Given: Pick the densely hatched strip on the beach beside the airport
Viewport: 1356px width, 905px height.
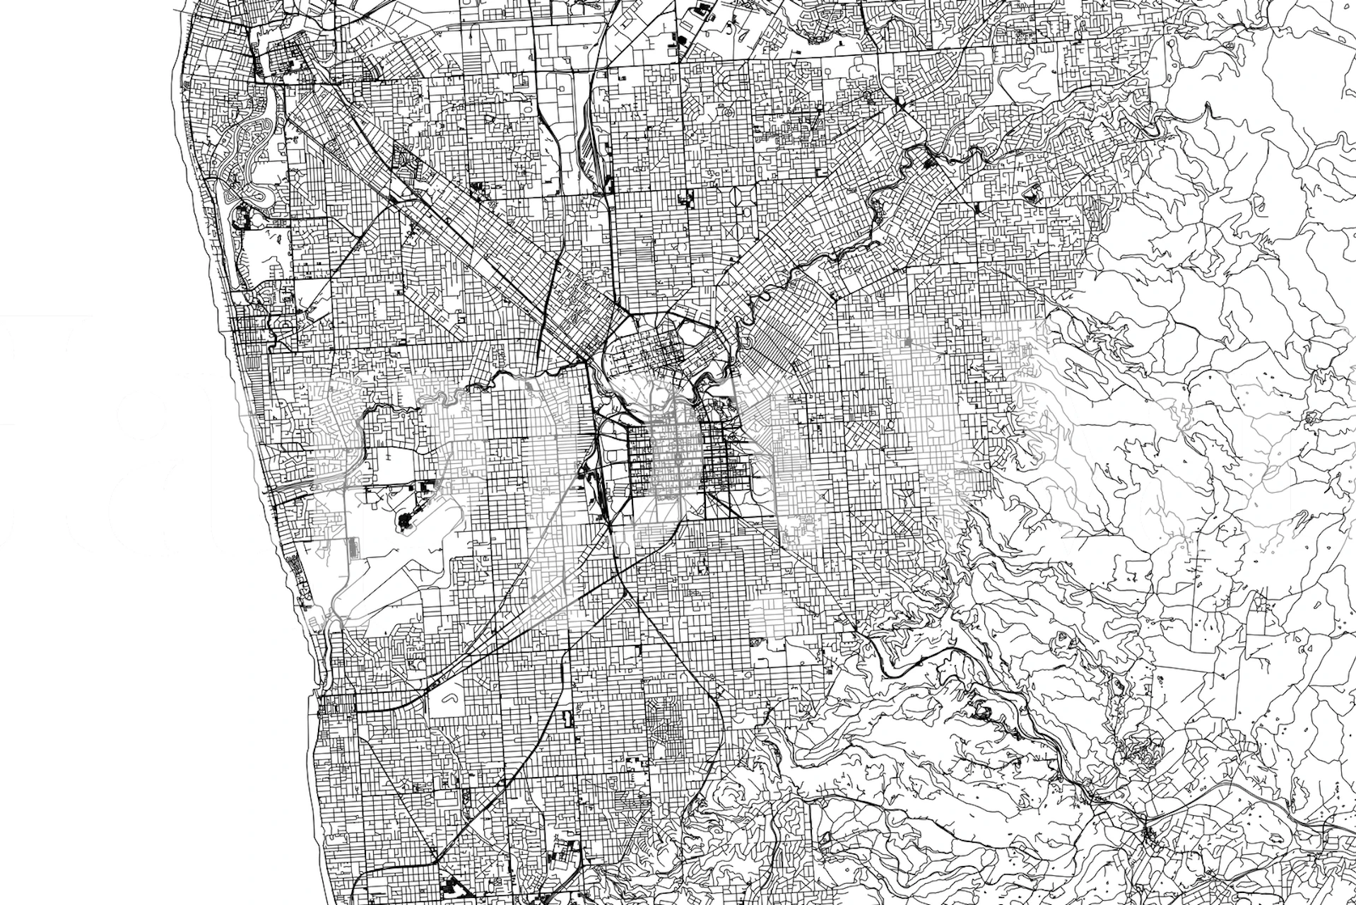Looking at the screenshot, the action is coord(297,566).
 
